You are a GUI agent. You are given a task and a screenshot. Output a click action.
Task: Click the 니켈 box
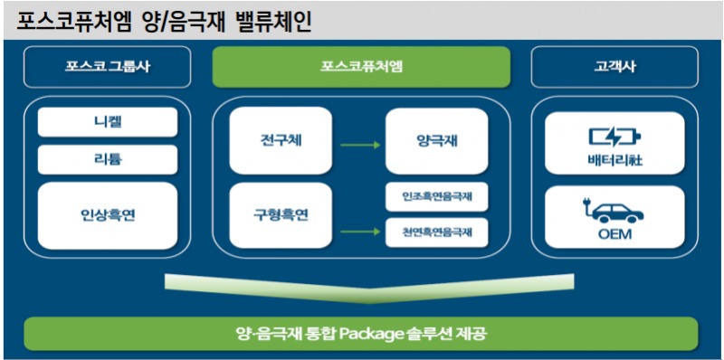click(x=108, y=121)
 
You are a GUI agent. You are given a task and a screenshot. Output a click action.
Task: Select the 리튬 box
click(x=108, y=159)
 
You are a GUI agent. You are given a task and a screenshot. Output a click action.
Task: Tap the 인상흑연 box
click(x=108, y=215)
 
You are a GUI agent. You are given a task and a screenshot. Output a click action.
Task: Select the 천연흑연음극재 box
click(x=436, y=232)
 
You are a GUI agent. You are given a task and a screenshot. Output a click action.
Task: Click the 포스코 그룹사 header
click(x=108, y=67)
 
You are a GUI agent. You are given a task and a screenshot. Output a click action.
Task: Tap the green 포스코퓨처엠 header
click(x=361, y=67)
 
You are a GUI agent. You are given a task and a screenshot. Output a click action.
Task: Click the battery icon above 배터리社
click(x=614, y=137)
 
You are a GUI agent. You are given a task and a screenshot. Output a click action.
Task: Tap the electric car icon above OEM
click(x=614, y=213)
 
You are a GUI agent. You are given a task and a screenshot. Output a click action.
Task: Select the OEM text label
click(x=614, y=236)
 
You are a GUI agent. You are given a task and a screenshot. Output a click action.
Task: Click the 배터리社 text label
click(x=614, y=162)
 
